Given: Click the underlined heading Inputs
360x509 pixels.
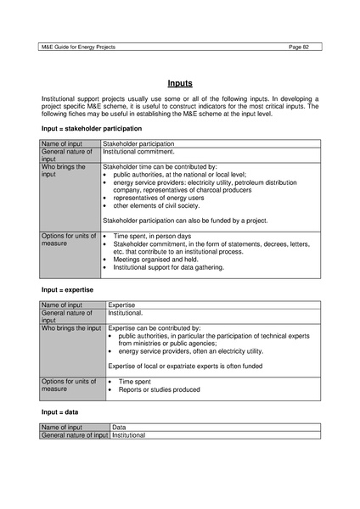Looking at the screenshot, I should coord(179,83).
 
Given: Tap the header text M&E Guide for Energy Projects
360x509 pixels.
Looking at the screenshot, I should coord(78,47).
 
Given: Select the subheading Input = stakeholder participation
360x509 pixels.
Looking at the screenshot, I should coord(92,128).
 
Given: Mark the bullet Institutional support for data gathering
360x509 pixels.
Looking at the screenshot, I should coord(169,266).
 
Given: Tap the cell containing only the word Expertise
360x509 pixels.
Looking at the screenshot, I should coord(122,305).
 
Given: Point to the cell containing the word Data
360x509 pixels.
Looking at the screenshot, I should coord(119,428).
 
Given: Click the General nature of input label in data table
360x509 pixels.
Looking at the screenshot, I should coord(75,435).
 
